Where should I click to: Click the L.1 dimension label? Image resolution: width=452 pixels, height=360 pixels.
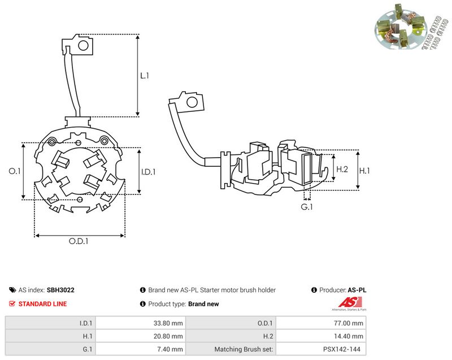pyautogui.click(x=145, y=76)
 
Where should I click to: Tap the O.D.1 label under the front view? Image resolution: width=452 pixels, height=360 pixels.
pyautogui.click(x=79, y=241)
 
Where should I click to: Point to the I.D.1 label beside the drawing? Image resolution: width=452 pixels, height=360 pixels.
pyautogui.click(x=148, y=172)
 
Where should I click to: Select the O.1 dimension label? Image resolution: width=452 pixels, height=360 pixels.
pyautogui.click(x=15, y=171)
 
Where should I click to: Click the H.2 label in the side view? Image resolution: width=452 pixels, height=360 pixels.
pyautogui.click(x=342, y=169)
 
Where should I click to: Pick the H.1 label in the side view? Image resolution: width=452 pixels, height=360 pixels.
pyautogui.click(x=364, y=171)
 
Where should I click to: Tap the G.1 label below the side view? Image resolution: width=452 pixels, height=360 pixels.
pyautogui.click(x=307, y=207)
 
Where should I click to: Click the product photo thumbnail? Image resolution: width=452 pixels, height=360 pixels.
pyautogui.click(x=412, y=27)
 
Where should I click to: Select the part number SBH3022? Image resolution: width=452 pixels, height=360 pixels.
pyautogui.click(x=60, y=290)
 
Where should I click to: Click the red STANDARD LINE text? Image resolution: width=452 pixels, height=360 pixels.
pyautogui.click(x=42, y=304)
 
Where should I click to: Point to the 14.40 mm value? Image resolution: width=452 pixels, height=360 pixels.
pyautogui.click(x=349, y=336)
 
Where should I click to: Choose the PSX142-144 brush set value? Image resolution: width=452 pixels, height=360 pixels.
pyautogui.click(x=342, y=349)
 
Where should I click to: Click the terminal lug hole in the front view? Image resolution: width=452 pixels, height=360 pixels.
pyautogui.click(x=83, y=45)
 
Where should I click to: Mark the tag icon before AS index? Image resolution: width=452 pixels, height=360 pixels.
pyautogui.click(x=12, y=290)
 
